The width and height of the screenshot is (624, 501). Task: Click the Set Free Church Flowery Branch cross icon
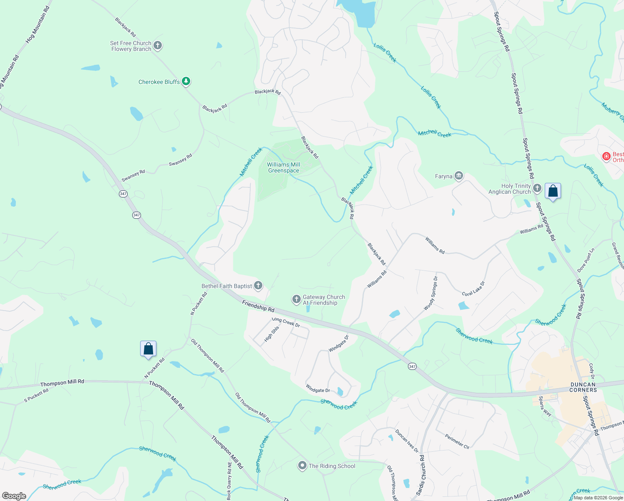[x=158, y=46]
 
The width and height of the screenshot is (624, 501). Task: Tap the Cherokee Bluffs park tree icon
[x=186, y=81]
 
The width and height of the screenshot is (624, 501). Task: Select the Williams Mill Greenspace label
[x=284, y=167]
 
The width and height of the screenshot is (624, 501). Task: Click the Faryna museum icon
[x=459, y=176]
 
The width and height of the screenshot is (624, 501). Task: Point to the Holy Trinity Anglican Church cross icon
[x=537, y=188]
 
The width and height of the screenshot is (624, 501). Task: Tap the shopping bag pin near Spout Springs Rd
[x=553, y=191]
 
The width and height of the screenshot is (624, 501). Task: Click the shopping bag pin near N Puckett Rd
[x=148, y=349]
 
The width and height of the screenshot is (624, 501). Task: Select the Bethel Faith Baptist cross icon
[x=258, y=286]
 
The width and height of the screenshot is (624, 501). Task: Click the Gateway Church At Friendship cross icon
[x=296, y=299]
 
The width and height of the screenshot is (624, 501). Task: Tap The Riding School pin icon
[x=302, y=466]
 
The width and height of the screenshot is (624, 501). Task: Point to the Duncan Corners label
[x=583, y=387]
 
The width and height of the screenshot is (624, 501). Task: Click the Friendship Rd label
[x=258, y=306]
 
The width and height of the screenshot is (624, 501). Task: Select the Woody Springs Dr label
[x=431, y=293]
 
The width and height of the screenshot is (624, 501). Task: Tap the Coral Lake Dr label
[x=473, y=288]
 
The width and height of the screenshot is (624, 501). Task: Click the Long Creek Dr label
[x=286, y=322]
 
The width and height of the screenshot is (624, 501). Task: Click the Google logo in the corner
[x=14, y=496]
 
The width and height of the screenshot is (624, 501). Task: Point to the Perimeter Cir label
[x=457, y=442]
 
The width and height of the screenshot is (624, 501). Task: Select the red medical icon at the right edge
[x=606, y=157]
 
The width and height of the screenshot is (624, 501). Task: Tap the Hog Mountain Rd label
[x=38, y=25]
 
